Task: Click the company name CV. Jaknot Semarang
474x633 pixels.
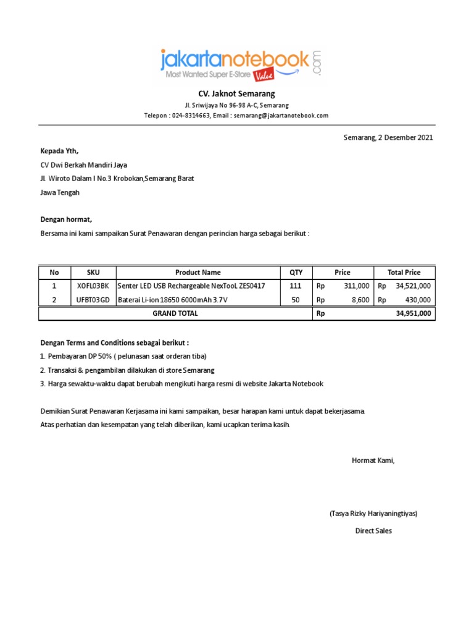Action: pyautogui.click(x=236, y=94)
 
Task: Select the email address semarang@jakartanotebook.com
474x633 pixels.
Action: pyautogui.click(x=281, y=116)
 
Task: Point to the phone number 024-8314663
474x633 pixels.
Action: pyautogui.click(x=191, y=116)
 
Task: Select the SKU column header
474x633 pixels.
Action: pyautogui.click(x=93, y=273)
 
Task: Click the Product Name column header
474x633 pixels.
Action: pyautogui.click(x=197, y=273)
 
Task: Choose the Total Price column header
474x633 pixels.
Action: pyautogui.click(x=404, y=273)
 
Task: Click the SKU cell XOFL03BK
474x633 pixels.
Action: pyautogui.click(x=93, y=286)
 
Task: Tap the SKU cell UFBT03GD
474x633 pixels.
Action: pyautogui.click(x=93, y=300)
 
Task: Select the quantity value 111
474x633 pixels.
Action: pyautogui.click(x=295, y=286)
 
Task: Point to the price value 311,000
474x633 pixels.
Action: pyautogui.click(x=356, y=286)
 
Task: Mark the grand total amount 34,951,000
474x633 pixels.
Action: pyautogui.click(x=413, y=314)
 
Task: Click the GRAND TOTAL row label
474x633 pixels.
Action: pyautogui.click(x=175, y=313)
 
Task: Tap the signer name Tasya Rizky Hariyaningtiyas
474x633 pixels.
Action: pyautogui.click(x=373, y=514)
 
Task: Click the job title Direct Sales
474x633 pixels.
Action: pyautogui.click(x=373, y=531)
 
